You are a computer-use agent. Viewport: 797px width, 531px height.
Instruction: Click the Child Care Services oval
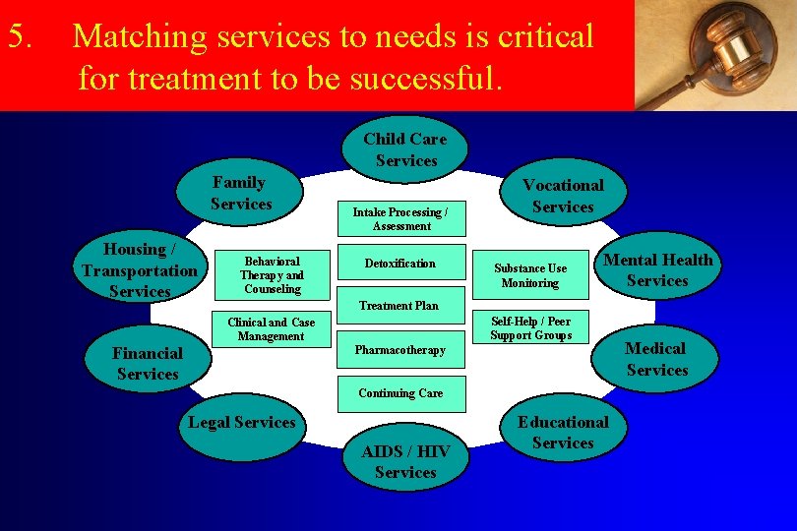pos(405,149)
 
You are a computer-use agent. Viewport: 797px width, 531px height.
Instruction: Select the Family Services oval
pos(240,194)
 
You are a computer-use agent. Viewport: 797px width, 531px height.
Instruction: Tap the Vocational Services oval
pos(563,196)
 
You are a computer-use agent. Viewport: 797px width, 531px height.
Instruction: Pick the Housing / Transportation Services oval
pos(140,270)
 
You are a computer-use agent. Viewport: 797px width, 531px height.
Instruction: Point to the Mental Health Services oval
pos(657,270)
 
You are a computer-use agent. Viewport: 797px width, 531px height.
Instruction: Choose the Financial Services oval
pos(148,363)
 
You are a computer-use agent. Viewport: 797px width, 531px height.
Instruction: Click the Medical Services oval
pos(655,359)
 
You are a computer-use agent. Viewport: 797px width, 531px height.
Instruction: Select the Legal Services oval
pos(242,424)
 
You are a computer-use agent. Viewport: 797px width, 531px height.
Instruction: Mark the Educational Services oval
pos(563,433)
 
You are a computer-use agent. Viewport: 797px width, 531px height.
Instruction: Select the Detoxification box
pos(399,264)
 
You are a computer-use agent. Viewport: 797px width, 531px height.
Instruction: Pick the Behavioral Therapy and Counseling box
pos(273,275)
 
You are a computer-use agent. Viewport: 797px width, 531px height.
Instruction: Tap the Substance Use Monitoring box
pos(530,275)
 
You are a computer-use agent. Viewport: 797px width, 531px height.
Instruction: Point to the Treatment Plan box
pos(398,305)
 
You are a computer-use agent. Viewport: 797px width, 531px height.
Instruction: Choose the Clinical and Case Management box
pos(271,329)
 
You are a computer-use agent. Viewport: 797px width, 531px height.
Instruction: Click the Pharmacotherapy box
pos(399,350)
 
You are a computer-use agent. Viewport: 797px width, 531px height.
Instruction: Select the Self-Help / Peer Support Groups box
pos(530,328)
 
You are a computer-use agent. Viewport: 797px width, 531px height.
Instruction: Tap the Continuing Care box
pos(399,393)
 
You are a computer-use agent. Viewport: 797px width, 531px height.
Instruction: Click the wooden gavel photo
pos(715,55)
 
